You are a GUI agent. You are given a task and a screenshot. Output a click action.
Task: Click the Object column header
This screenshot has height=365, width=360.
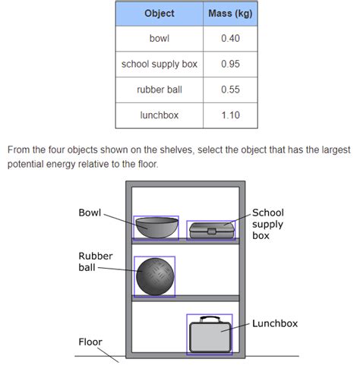pos(159,14)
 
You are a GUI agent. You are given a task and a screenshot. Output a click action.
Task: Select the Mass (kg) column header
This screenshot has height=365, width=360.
pos(230,14)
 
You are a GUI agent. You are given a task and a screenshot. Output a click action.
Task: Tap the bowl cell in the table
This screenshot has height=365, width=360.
pos(159,39)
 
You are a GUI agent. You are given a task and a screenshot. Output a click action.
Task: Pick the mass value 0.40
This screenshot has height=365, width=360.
pos(230,39)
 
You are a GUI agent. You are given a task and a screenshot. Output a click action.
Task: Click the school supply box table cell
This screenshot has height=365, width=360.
pos(159,65)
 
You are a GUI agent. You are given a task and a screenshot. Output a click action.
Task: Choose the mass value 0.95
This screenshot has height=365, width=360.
pos(230,64)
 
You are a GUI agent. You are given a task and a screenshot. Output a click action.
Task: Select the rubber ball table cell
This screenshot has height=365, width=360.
pos(159,90)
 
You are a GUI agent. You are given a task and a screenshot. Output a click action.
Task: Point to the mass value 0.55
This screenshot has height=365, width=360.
pos(230,90)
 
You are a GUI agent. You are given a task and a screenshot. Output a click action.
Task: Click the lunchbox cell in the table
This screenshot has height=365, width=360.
pos(159,115)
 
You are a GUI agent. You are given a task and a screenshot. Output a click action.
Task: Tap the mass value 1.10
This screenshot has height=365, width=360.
pos(230,115)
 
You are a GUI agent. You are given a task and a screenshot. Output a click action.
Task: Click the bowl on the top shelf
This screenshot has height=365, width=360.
pos(156,228)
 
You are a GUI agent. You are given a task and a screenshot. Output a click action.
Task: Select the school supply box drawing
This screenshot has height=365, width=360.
pos(212,231)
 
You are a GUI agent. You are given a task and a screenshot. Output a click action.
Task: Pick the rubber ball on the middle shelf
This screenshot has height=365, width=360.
pos(155,276)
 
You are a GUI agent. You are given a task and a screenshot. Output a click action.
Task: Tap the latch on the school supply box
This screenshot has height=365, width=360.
pos(212,231)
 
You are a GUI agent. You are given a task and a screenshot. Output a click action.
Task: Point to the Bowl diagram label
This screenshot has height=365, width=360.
pos(90,212)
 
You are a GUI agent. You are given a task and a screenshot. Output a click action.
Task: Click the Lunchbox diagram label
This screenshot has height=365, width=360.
pos(275,323)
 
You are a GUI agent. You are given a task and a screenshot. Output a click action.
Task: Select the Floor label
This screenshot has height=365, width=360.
pos(90,342)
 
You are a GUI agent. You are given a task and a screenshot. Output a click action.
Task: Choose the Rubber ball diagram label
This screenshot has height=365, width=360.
pos(96,262)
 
